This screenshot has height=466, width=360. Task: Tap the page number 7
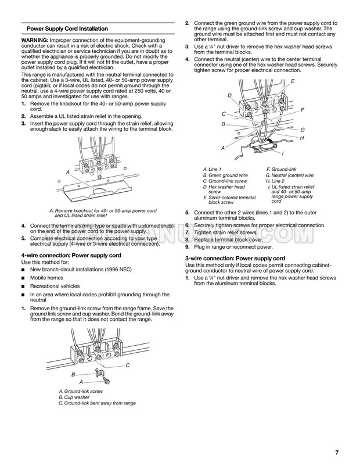[x=337, y=451]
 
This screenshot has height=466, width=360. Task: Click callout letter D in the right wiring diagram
[x=229, y=95]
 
